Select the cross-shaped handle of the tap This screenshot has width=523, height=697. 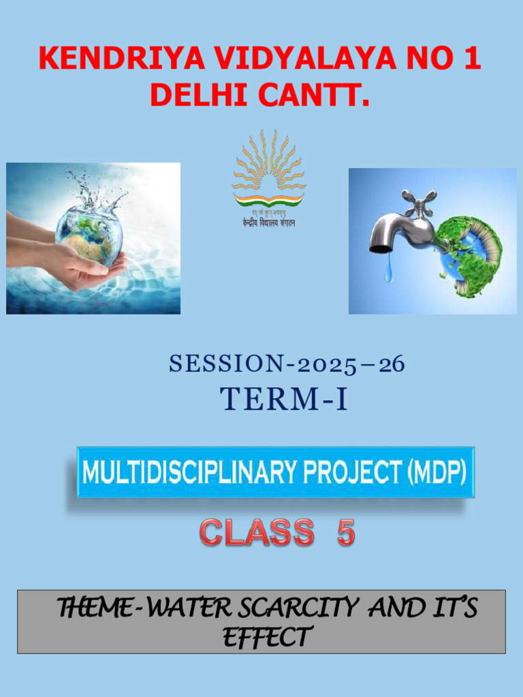click(x=418, y=201)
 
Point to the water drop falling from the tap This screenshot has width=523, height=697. click(x=388, y=274)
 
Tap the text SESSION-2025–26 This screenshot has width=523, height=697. click(x=287, y=365)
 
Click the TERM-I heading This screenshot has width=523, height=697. click(x=284, y=400)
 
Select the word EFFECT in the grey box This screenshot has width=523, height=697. click(x=267, y=638)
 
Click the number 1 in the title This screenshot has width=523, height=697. click(x=471, y=59)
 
